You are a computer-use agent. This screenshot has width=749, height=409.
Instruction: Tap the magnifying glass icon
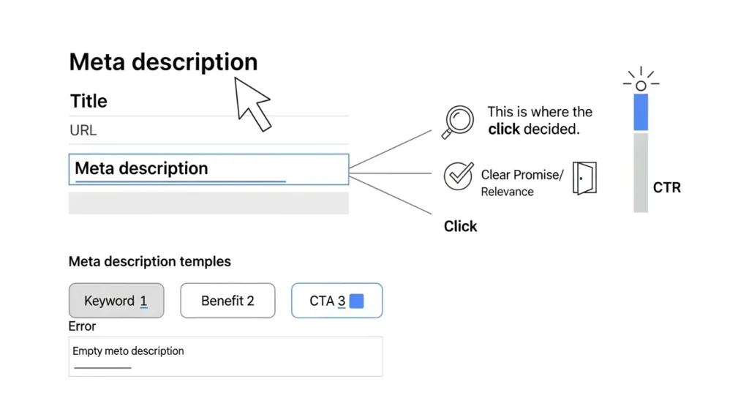pyautogui.click(x=458, y=120)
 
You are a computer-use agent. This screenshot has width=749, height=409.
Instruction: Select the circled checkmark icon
pyautogui.click(x=459, y=176)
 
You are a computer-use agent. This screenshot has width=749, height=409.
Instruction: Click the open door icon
pyautogui.click(x=585, y=178)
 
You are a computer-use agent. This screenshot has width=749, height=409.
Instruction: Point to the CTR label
pyautogui.click(x=666, y=188)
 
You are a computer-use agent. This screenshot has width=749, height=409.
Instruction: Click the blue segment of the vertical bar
pyautogui.click(x=641, y=112)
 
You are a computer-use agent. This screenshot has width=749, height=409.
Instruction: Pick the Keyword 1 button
pyautogui.click(x=116, y=301)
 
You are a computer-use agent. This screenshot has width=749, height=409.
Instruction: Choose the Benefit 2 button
pyautogui.click(x=227, y=301)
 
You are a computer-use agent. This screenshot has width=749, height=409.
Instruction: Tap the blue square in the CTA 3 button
pyautogui.click(x=356, y=301)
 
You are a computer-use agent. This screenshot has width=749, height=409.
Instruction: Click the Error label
pyautogui.click(x=82, y=326)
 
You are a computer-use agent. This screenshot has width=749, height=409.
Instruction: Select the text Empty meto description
pyautogui.click(x=128, y=351)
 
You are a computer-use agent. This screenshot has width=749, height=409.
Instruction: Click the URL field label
pyautogui.click(x=83, y=131)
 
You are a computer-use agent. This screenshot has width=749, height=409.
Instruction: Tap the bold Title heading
pyautogui.click(x=89, y=101)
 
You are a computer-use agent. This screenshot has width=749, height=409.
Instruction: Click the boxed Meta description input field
pyautogui.click(x=208, y=169)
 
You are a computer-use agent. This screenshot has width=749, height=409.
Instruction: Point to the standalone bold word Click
pyautogui.click(x=460, y=226)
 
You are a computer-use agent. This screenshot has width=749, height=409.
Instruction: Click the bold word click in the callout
pyautogui.click(x=504, y=130)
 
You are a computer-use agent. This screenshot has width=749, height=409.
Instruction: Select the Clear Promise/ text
pyautogui.click(x=522, y=176)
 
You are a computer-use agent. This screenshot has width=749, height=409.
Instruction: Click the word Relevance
pyautogui.click(x=507, y=192)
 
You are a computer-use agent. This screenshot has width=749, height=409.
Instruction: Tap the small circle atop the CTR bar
pyautogui.click(x=641, y=86)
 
